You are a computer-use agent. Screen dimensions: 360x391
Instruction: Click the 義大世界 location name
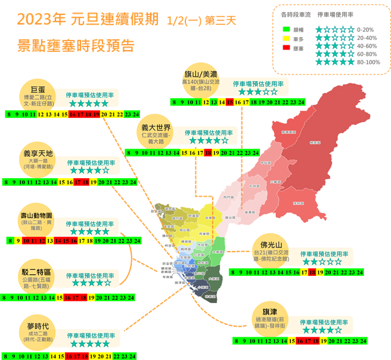pos(156,128)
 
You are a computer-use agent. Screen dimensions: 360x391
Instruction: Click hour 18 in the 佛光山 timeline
pos(312,272)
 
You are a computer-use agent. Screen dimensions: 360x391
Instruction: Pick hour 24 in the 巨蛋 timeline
pos(136,114)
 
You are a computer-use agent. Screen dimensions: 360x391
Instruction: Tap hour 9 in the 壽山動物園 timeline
pos(17,241)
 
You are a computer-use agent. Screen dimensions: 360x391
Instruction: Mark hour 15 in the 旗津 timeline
pos(292,342)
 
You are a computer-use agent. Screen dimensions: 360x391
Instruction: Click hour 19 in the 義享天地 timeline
pos(101,182)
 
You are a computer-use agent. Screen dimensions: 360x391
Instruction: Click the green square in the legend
pos(287,29)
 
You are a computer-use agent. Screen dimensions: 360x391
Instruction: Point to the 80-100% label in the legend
pos(368,61)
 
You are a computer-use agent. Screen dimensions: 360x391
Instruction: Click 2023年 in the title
pos(42,20)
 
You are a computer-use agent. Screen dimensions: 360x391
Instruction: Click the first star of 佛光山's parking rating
pos(306,262)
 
